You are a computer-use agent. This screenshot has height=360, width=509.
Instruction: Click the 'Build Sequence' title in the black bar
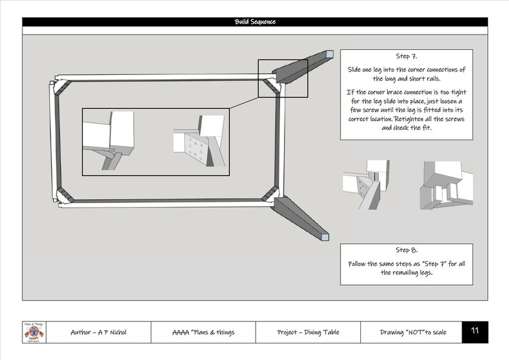[x=255, y=22]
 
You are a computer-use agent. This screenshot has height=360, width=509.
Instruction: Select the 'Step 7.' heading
[x=407, y=56]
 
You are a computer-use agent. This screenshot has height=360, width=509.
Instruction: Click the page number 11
[x=475, y=331]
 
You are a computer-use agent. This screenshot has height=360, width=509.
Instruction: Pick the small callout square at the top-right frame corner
[x=283, y=78]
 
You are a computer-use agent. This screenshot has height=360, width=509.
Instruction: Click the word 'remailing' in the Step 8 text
[x=417, y=274]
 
